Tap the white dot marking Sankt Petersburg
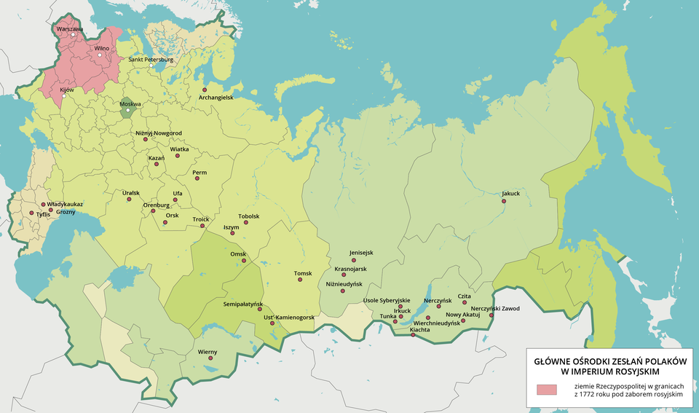pyautogui.click(x=151, y=66)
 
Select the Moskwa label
pyautogui.click(x=130, y=104)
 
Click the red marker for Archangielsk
pyautogui.click(x=205, y=89)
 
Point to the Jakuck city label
pyautogui.click(x=510, y=194)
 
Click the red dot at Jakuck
pyautogui.click(x=503, y=201)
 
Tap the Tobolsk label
pyautogui.click(x=249, y=216)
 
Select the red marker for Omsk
pyautogui.click(x=244, y=261)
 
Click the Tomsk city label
pyautogui.click(x=303, y=274)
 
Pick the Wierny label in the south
pyautogui.click(x=208, y=352)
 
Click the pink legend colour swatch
pyautogui.click(x=546, y=388)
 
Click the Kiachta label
pyautogui.click(x=419, y=330)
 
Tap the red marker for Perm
pyautogui.click(x=194, y=181)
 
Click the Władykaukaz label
pyautogui.click(x=65, y=205)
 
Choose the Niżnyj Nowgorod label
pyautogui.click(x=159, y=133)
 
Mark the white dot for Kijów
pyautogui.click(x=63, y=96)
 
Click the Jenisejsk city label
pyautogui.click(x=361, y=253)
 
